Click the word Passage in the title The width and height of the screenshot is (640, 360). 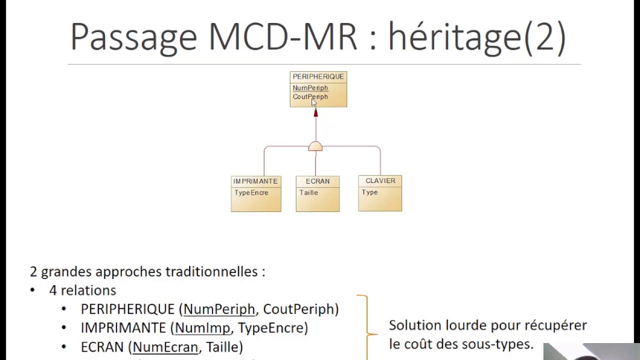coord(133,37)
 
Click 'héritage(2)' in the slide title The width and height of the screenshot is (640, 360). coord(477,37)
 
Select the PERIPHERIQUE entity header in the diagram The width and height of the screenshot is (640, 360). coord(318,77)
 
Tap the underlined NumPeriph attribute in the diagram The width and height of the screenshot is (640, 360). coord(310,88)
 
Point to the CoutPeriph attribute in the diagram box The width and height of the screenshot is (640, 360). coord(310,97)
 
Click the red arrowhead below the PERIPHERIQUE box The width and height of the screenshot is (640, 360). coord(315,113)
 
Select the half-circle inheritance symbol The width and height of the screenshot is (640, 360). coord(315,146)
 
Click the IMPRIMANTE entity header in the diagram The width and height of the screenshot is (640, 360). coord(255,181)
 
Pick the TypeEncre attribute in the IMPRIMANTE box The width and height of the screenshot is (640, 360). coord(251,193)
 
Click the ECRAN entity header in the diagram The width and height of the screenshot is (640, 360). coord(317,181)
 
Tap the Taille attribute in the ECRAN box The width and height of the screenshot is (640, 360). coord(308,193)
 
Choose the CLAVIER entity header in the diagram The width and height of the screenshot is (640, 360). coord(380,181)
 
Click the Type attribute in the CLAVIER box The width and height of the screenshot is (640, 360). coord(369,192)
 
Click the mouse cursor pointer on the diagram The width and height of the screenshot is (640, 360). coord(314,102)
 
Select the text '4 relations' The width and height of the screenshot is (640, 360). coord(82,290)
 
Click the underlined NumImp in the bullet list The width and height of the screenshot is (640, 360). coord(202,328)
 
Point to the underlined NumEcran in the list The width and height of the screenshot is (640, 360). coord(165,346)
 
